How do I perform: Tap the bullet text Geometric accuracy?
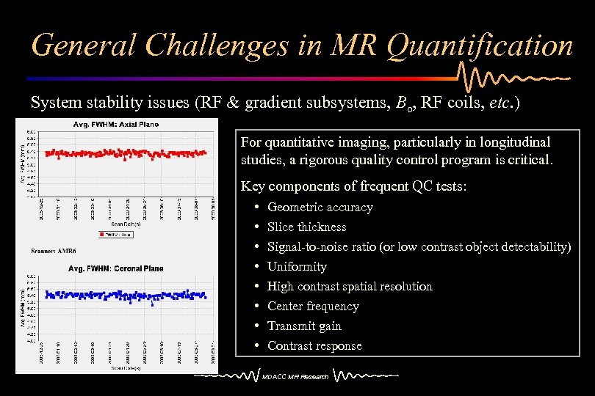(x=320, y=208)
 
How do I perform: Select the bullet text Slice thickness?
(x=306, y=227)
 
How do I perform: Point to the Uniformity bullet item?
(x=297, y=267)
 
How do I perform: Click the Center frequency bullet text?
(x=313, y=307)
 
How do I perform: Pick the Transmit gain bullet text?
(x=304, y=326)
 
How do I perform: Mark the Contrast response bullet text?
(x=314, y=346)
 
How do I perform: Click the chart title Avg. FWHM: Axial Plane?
(x=115, y=125)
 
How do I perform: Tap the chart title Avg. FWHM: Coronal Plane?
(x=116, y=268)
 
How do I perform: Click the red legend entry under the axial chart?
(x=117, y=234)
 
